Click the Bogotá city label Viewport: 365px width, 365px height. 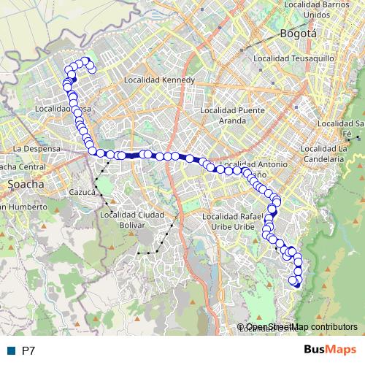click(298, 34)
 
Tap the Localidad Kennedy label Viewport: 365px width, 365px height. click(160, 80)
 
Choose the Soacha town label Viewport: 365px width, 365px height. click(26, 185)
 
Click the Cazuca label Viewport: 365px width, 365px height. click(83, 192)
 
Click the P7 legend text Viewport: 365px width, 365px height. click(28, 350)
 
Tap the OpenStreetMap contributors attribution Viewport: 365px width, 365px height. click(301, 326)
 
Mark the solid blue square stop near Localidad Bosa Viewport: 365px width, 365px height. click(74, 81)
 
